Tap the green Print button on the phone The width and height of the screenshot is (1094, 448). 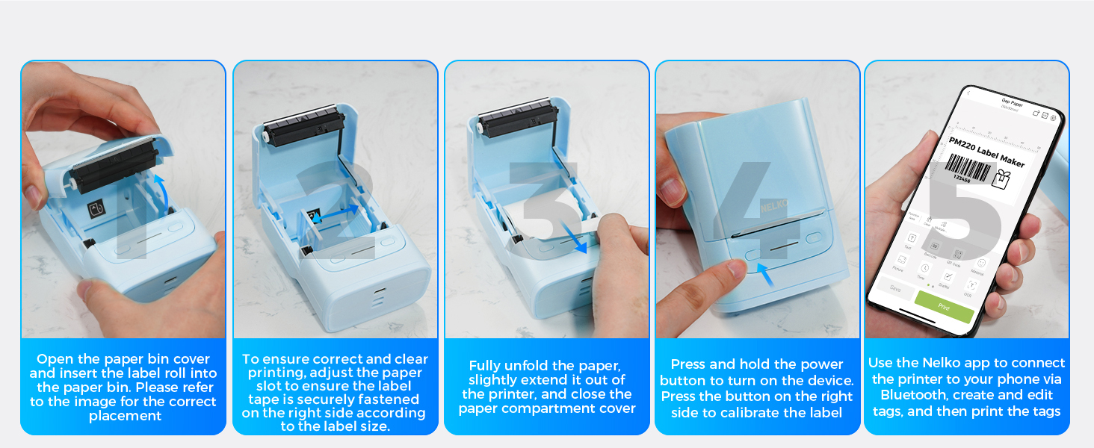[x=943, y=305]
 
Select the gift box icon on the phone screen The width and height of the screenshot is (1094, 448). [x=1001, y=178]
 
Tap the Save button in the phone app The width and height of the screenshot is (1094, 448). [x=894, y=288]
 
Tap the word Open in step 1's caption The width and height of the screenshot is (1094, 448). [x=55, y=359]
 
